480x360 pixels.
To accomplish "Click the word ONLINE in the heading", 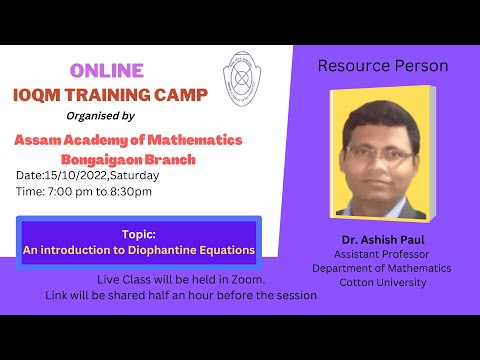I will click(x=107, y=70).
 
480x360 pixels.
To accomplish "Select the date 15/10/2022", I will click(x=76, y=176).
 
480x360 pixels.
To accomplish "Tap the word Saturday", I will click(x=134, y=176).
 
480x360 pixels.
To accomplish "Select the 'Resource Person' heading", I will click(x=382, y=66).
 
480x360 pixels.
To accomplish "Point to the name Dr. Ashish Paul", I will click(x=381, y=239).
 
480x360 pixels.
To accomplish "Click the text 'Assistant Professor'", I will click(x=381, y=254).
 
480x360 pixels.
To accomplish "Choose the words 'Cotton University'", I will click(x=381, y=282).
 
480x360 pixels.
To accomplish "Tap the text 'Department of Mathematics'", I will click(x=381, y=268).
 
